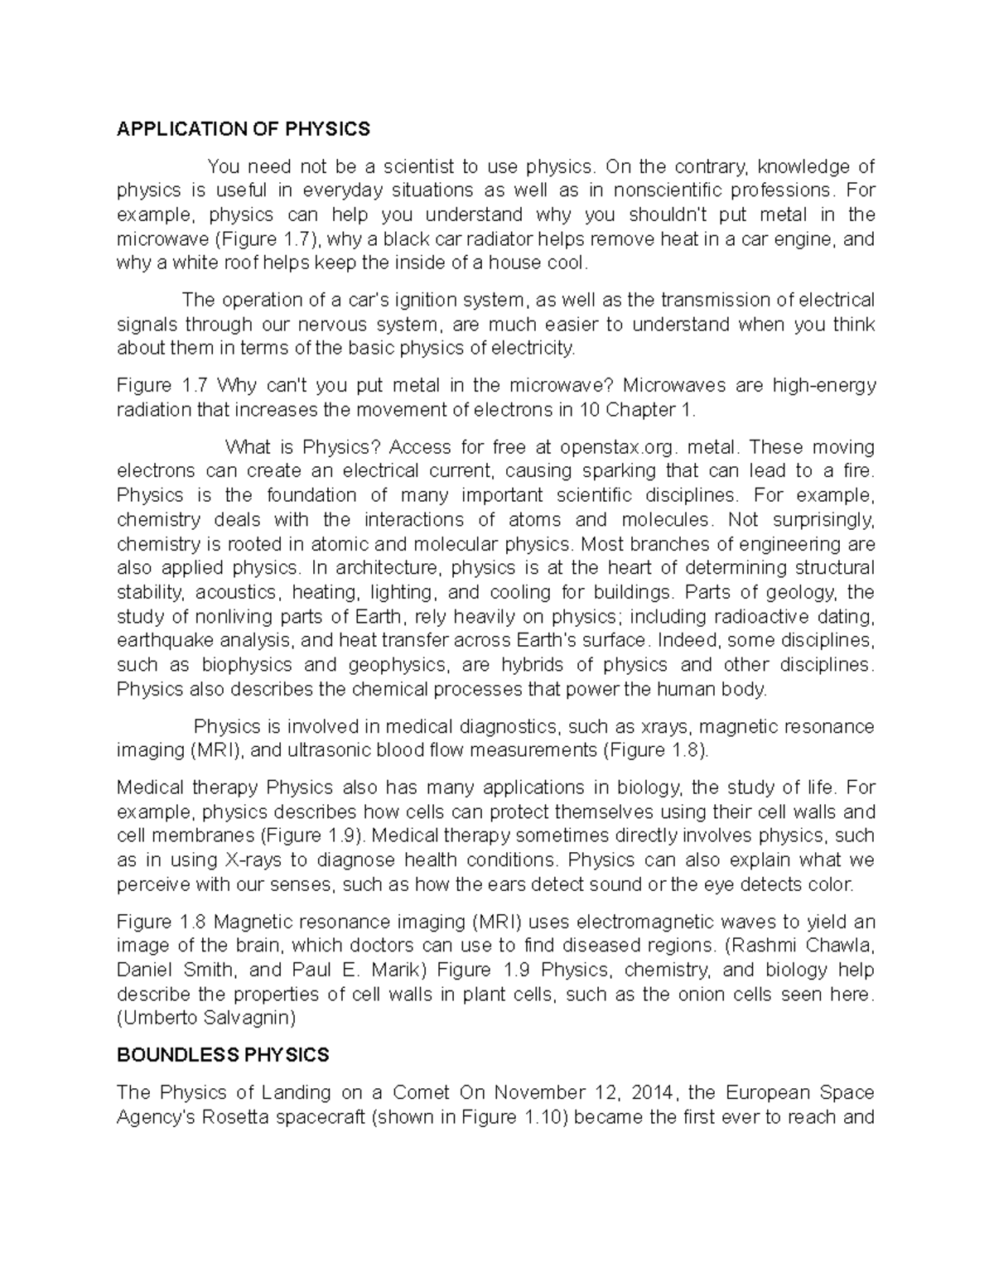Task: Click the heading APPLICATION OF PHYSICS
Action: pyautogui.click(x=244, y=129)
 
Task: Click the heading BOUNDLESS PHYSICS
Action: pyautogui.click(x=223, y=1055)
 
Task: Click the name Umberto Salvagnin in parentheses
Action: pyautogui.click(x=206, y=1018)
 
